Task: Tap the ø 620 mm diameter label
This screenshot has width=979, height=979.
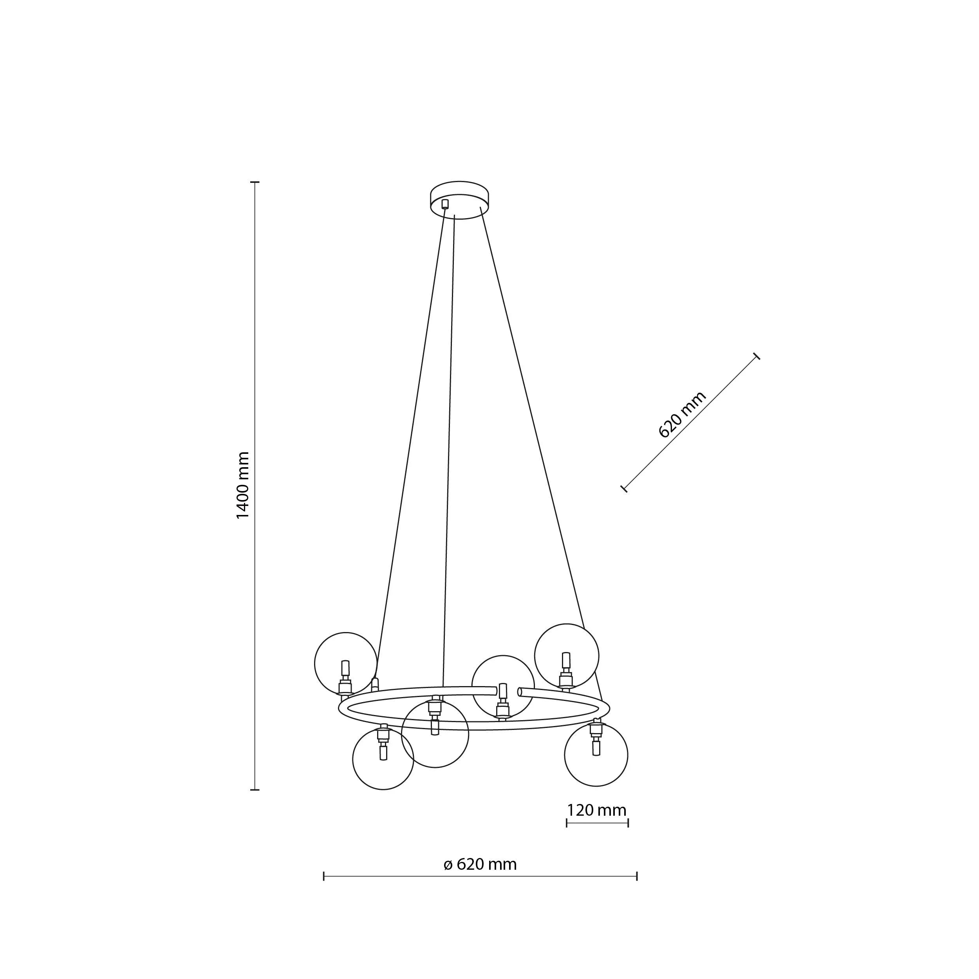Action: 480,864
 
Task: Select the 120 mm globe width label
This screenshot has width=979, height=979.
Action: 596,810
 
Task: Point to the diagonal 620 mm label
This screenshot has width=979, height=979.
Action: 682,414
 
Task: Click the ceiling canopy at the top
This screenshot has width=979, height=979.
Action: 460,200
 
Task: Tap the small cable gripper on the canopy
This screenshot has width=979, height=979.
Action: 445,204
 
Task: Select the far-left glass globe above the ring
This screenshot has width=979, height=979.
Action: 346,663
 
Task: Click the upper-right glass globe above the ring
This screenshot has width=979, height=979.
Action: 567,655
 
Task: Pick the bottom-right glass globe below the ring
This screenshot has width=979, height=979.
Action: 596,755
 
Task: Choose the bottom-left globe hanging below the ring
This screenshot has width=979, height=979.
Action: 383,759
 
